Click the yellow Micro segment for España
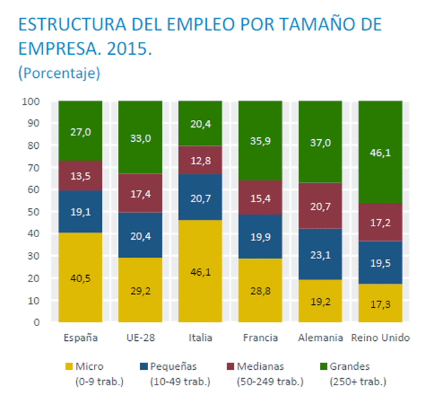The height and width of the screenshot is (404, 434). click(x=80, y=277)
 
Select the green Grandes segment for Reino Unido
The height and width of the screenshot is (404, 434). click(x=380, y=152)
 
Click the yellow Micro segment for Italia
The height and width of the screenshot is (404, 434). click(x=200, y=271)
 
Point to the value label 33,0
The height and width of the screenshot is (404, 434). click(x=140, y=137)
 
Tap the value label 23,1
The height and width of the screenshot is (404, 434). click(x=320, y=255)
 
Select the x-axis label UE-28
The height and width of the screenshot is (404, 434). click(x=140, y=338)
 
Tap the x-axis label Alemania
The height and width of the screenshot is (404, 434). click(x=320, y=338)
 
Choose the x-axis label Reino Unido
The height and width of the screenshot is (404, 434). click(x=381, y=338)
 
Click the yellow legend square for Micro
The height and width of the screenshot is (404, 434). click(x=68, y=367)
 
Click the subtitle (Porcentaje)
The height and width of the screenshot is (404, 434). click(x=59, y=73)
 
